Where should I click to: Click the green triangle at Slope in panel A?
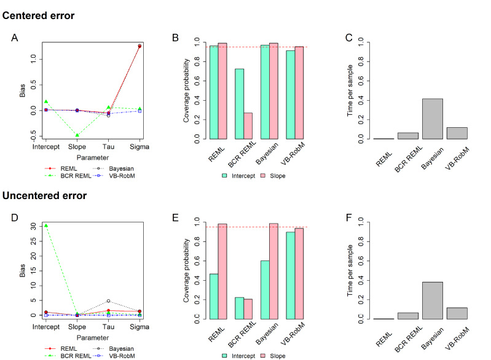[77, 135]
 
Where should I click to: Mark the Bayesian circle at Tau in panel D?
[108, 301]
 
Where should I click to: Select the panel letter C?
[348, 38]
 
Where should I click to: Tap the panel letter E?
[175, 217]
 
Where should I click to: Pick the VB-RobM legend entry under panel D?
[119, 356]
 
